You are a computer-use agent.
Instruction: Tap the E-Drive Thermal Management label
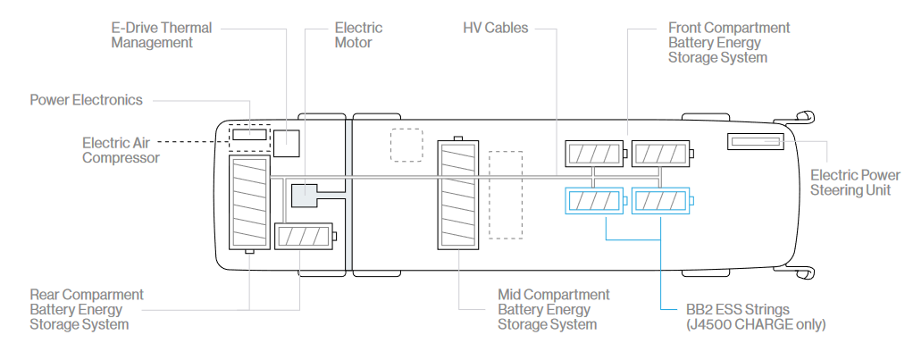coord(162,35)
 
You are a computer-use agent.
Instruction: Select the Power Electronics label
coord(86,100)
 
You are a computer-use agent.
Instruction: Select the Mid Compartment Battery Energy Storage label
coord(553,309)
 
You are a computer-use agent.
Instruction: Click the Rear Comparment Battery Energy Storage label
coord(87,309)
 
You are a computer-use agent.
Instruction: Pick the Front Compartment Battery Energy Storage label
coord(728,42)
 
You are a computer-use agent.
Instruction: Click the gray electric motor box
coord(305,194)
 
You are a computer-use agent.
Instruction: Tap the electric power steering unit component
coord(756,141)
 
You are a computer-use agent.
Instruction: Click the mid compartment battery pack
coord(458,195)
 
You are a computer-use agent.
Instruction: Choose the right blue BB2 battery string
coord(660,202)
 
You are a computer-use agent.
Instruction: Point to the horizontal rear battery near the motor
coord(303,237)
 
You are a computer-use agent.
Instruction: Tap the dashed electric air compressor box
coord(249,135)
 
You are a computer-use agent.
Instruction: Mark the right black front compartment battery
coord(660,154)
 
